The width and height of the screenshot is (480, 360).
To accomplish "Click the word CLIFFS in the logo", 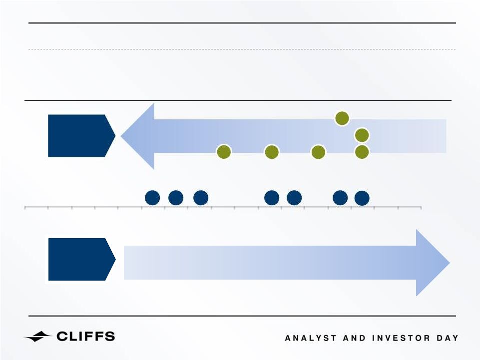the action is pos(86,337).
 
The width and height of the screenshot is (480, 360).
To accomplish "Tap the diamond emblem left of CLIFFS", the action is pos(38,337).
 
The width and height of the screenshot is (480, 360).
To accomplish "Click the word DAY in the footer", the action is pos(448,338).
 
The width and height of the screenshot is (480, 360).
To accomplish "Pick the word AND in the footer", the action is pos(354,338).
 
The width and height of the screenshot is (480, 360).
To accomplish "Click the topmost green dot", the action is pos(342,118).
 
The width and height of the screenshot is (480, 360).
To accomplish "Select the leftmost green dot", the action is pos(224,152).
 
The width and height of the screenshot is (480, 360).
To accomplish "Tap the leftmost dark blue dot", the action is pos(152,198).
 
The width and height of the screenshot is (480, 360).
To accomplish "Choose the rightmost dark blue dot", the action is pos(362,198).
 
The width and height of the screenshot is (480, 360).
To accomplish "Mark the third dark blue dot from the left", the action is pos(201,198).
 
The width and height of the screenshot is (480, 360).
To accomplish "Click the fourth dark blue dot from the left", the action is pos(272,198).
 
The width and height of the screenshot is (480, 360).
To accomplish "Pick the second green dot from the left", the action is pos(272,152).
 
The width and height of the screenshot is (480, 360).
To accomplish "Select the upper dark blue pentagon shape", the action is pos(81,136).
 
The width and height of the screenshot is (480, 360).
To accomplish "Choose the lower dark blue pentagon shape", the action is pos(81,259).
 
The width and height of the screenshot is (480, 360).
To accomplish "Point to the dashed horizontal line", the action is pos(242,49).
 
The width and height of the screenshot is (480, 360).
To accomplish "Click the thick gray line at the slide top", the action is pos(242,23).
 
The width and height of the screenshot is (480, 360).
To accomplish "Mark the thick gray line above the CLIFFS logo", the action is pos(242,316).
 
